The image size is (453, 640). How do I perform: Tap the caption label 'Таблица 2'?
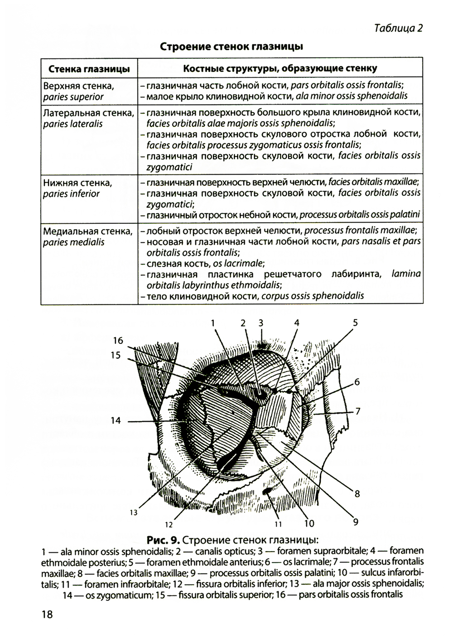(398, 28)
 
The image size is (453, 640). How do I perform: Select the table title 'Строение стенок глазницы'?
(231, 47)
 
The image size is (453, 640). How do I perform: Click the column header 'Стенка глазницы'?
(89, 69)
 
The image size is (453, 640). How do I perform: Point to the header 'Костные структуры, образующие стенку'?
(280, 68)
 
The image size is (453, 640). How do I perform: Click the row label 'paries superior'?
(73, 97)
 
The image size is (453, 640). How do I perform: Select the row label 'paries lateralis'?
(73, 124)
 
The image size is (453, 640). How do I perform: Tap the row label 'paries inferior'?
(71, 194)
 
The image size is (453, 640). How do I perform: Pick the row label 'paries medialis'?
(74, 242)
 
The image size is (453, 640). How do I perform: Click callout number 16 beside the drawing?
(118, 341)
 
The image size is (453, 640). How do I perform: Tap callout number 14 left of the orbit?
(116, 421)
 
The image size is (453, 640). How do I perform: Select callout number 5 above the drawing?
(355, 323)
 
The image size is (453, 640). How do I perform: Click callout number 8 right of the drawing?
(357, 494)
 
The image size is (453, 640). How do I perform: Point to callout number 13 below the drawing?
(133, 513)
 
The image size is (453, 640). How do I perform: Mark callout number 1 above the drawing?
(213, 323)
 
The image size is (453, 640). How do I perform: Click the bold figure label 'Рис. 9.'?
(164, 540)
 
